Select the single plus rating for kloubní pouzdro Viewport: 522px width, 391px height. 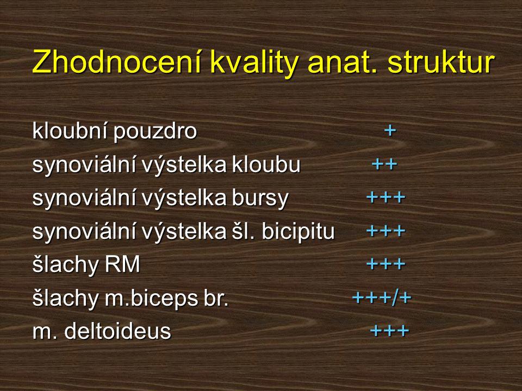(x=390, y=130)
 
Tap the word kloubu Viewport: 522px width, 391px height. (x=266, y=164)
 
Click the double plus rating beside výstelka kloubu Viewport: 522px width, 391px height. (x=384, y=164)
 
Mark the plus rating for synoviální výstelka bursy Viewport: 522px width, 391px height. (x=386, y=198)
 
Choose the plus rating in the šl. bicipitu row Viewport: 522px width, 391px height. (x=386, y=231)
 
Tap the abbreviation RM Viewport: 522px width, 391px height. (x=122, y=264)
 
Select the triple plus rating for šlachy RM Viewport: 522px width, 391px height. (x=386, y=264)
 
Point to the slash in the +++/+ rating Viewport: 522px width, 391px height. (x=395, y=297)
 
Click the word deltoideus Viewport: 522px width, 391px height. (x=117, y=331)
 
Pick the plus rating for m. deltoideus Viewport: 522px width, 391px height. (x=389, y=331)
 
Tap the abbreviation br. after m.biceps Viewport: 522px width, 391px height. (x=216, y=298)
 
